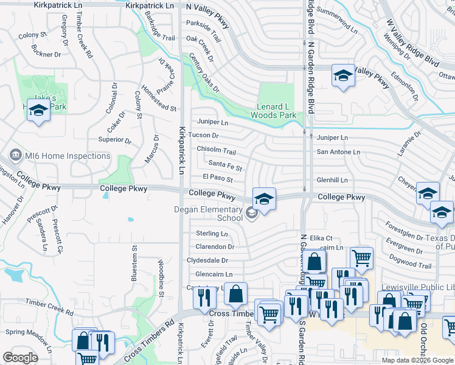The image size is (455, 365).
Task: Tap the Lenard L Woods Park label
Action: click(x=276, y=111)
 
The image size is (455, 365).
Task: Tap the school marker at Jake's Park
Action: click(x=39, y=111)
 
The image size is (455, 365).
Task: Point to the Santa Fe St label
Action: click(x=225, y=164)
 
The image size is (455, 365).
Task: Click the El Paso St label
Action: click(x=218, y=178)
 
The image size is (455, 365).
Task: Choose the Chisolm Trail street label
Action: click(x=216, y=150)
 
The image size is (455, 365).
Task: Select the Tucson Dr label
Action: click(x=203, y=135)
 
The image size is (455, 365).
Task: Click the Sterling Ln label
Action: click(x=212, y=234)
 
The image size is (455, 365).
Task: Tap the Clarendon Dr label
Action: click(x=215, y=247)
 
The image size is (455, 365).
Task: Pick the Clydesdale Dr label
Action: click(x=207, y=260)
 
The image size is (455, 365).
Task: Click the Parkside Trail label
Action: click(x=206, y=24)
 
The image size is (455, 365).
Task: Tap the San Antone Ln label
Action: click(x=338, y=152)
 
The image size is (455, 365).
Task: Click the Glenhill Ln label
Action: click(x=332, y=180)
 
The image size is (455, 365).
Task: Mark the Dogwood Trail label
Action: click(x=412, y=266)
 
